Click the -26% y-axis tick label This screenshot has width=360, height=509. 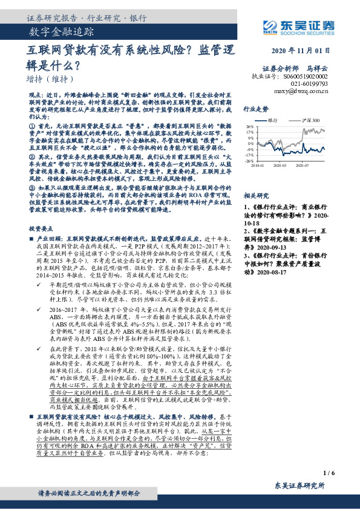tap(249, 161)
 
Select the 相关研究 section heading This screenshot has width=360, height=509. tap(256, 197)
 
